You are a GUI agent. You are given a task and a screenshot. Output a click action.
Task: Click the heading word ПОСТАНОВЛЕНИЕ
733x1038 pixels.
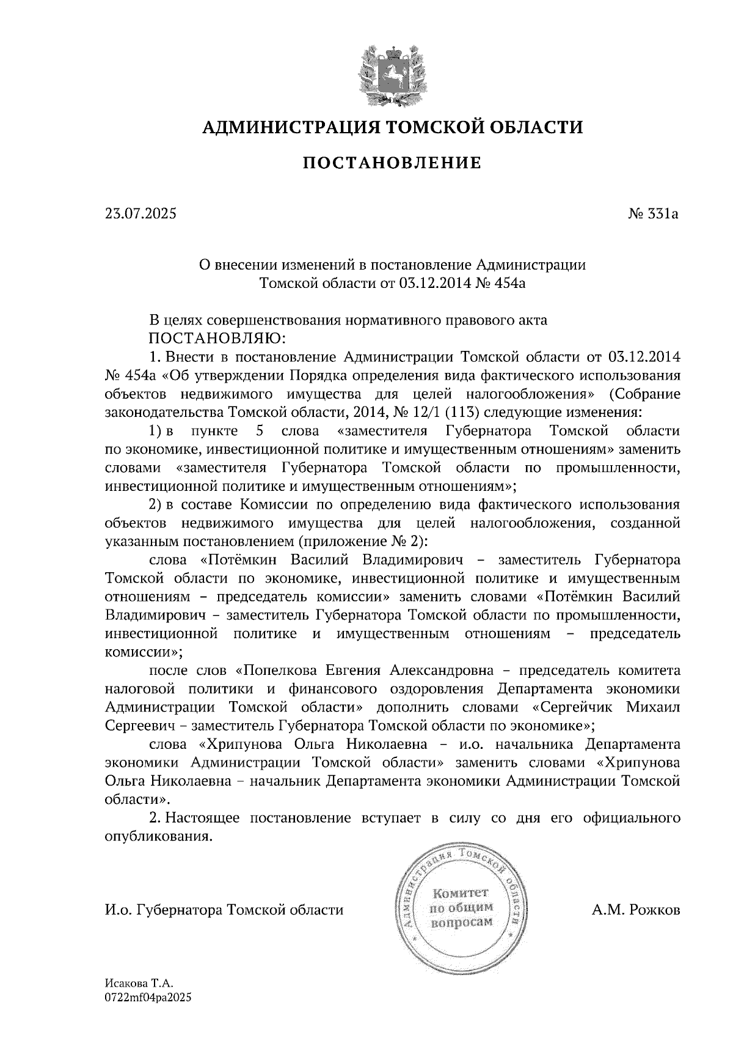pyautogui.click(x=392, y=163)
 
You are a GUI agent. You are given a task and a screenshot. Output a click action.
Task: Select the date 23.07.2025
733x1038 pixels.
pyautogui.click(x=140, y=214)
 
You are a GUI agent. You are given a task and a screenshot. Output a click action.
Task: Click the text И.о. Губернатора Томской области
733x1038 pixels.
pyautogui.click(x=224, y=910)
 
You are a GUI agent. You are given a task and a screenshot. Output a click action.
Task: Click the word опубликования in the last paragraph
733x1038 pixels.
pyautogui.click(x=159, y=836)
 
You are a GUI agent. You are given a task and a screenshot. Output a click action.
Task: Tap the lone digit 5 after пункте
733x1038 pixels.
pyautogui.click(x=260, y=431)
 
